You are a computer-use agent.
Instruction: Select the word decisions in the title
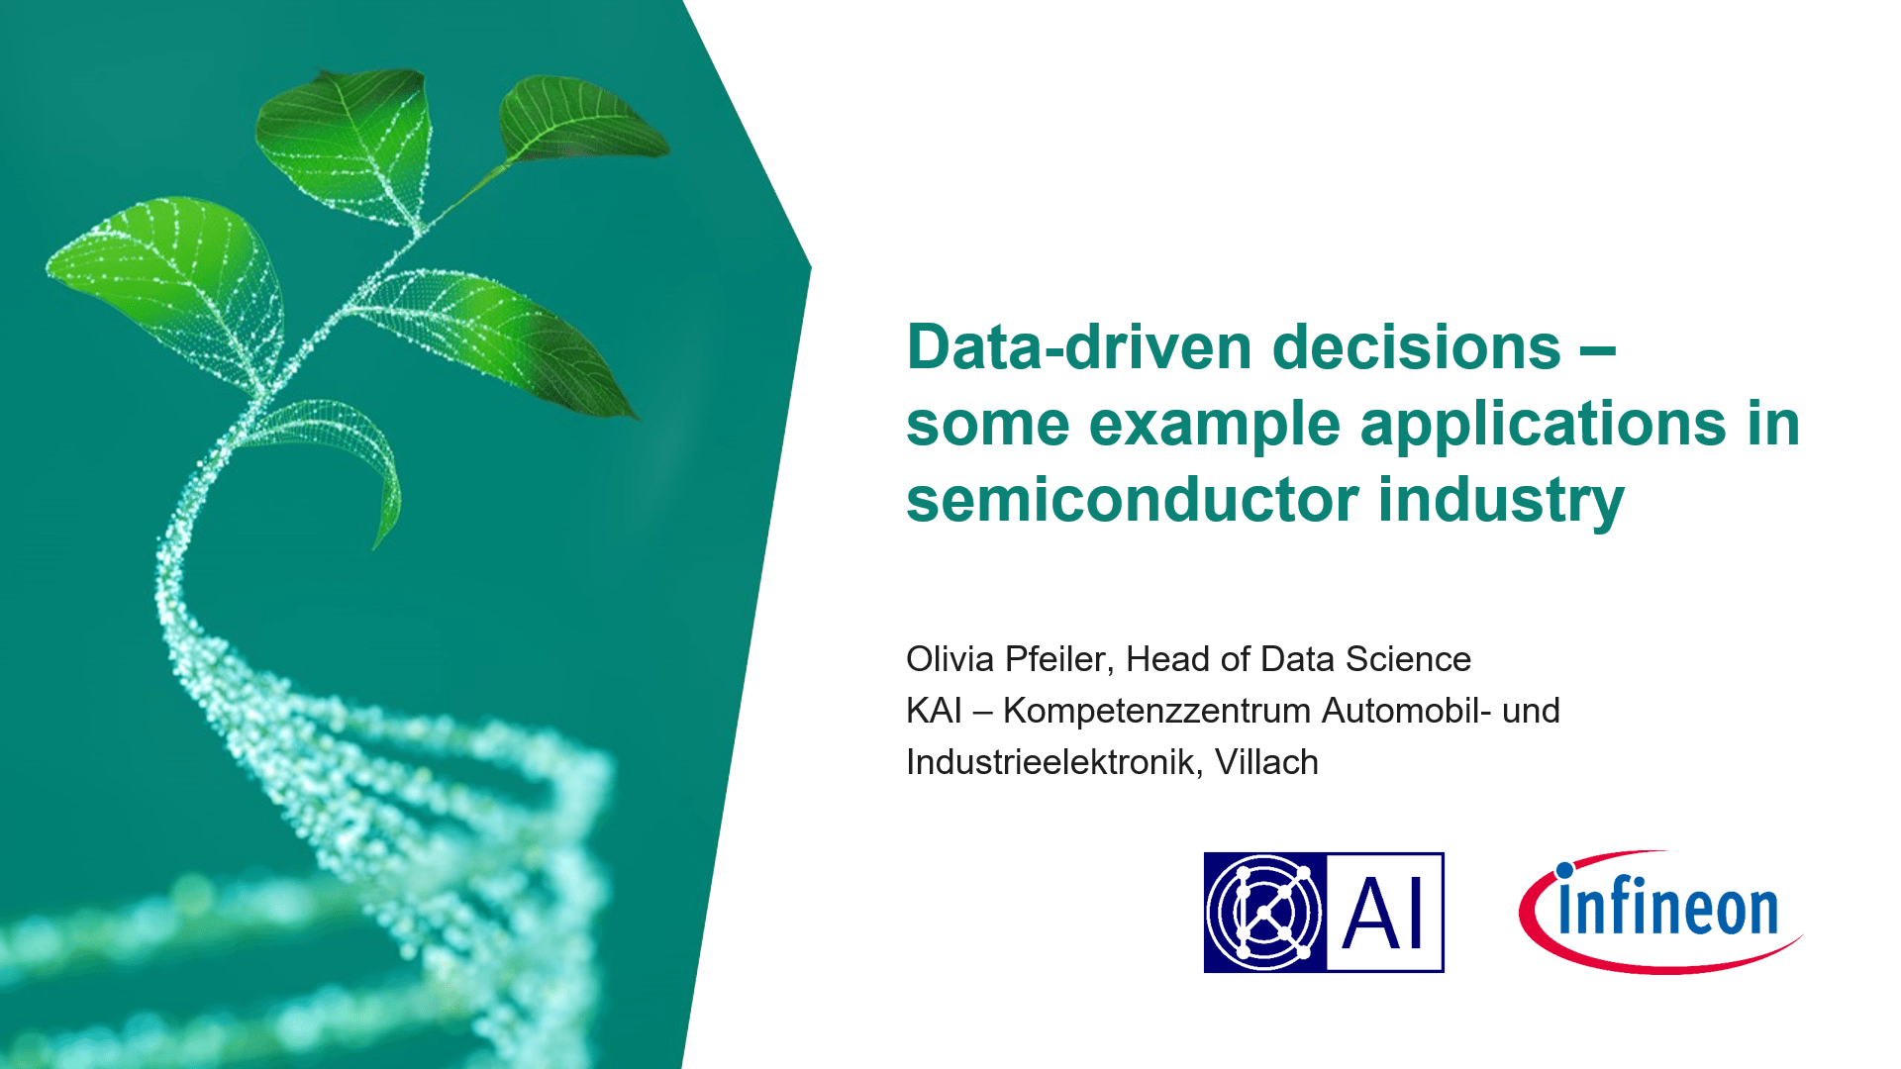coord(1416,347)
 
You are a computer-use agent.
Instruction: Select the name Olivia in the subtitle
coord(950,659)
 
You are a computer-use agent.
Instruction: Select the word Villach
coord(1266,762)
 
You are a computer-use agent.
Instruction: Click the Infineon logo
coord(1660,912)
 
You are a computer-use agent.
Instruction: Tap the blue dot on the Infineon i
coord(1564,871)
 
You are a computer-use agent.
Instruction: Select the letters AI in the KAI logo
coord(1383,914)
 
